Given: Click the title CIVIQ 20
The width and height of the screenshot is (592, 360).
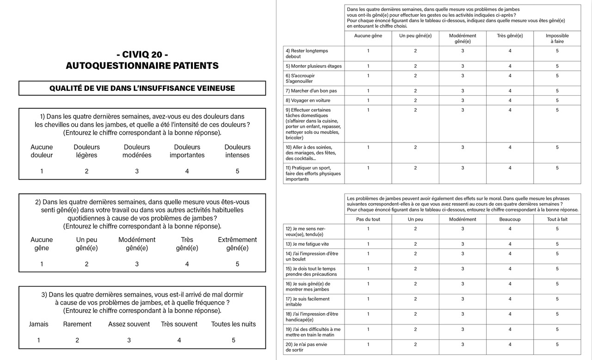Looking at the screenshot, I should (x=142, y=55).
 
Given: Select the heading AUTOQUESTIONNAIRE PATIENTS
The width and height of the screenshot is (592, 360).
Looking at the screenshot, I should (x=142, y=66).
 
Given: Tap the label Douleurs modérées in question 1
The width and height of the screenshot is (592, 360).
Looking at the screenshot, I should (x=137, y=151).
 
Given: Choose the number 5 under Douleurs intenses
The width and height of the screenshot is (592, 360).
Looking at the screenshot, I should (x=237, y=171).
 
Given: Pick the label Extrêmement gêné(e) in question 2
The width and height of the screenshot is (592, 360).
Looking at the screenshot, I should (x=237, y=244).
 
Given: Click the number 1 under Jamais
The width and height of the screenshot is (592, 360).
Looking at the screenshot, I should (x=39, y=340).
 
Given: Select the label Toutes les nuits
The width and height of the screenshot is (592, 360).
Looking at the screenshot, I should (x=233, y=324).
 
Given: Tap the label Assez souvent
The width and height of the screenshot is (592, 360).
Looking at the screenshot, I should (x=129, y=324).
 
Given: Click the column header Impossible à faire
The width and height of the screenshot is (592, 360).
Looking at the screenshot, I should (x=557, y=38).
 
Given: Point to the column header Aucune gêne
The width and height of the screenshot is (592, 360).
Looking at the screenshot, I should (x=368, y=36).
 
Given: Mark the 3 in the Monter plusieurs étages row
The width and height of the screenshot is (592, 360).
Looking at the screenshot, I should (x=462, y=66).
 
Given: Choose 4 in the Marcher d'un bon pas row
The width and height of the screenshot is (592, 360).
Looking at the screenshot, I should (x=510, y=91).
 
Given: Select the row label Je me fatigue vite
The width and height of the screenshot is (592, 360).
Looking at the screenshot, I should (x=307, y=244).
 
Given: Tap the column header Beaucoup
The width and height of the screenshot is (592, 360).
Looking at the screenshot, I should (x=510, y=219).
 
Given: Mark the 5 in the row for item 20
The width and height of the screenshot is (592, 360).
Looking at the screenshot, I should (x=557, y=344).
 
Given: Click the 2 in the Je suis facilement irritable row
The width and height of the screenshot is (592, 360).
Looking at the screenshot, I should (x=415, y=299).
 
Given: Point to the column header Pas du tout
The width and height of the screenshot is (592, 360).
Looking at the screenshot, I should (x=368, y=219).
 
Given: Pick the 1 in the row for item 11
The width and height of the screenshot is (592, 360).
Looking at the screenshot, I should (x=368, y=168).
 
